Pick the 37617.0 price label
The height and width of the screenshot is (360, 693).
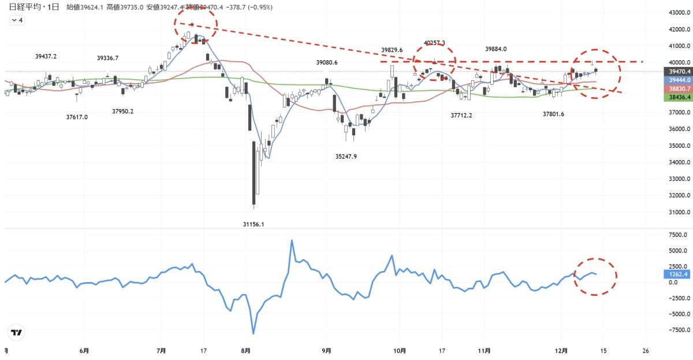(x=77, y=117)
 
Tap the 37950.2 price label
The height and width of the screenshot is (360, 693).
(x=122, y=111)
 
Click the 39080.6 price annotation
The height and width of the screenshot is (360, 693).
(x=327, y=62)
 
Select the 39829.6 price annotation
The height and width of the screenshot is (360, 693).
(x=392, y=50)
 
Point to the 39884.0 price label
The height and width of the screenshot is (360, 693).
(x=496, y=49)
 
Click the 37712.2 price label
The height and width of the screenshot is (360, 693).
(x=461, y=116)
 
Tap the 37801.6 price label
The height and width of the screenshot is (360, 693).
(x=553, y=114)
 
